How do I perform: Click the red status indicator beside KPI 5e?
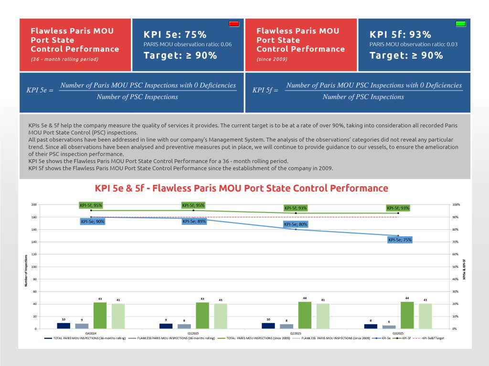234,24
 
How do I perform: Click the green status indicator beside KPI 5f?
460,24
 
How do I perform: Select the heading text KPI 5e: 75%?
175,35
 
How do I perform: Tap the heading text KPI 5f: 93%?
401,35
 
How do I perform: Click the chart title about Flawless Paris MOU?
242,188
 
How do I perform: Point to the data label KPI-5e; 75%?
400,240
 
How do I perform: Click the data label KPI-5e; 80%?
296,224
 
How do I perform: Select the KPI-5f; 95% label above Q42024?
91,205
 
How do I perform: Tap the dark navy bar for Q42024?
64,325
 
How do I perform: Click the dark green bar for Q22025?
305,315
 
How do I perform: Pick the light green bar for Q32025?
425,316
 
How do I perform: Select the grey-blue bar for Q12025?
184,326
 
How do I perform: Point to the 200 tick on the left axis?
34,205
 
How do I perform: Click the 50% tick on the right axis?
455,267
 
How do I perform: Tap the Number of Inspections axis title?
26,271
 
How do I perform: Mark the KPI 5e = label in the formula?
40,91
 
